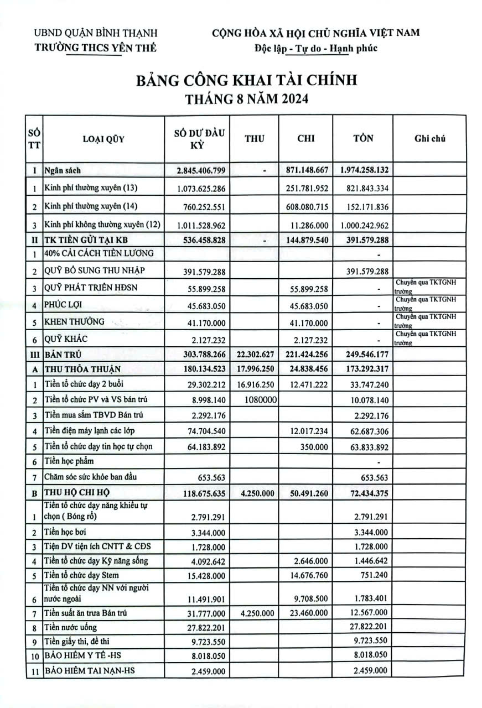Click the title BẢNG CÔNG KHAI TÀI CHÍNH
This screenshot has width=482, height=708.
coord(246,80)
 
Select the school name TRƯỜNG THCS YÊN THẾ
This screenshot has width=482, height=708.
coord(96,48)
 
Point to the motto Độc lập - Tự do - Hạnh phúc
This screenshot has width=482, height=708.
coord(316,48)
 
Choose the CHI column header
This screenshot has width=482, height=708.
coord(305,138)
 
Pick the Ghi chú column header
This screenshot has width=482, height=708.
coord(429,138)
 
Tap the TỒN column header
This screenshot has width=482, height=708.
coord(363,138)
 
